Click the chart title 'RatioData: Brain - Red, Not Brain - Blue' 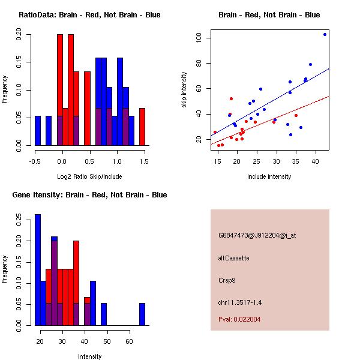point(89,15)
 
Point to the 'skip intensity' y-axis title point(185,90)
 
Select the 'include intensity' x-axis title point(269,176)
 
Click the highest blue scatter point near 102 point(325,34)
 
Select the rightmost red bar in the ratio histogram point(142,127)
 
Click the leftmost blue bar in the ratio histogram point(38,130)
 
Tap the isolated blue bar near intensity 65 point(142,314)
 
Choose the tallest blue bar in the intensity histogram point(38,270)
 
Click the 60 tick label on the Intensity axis point(129,342)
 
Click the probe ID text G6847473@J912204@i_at point(257,235)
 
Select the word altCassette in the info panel point(234,258)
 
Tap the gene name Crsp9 point(227,280)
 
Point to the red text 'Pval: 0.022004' point(240,319)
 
